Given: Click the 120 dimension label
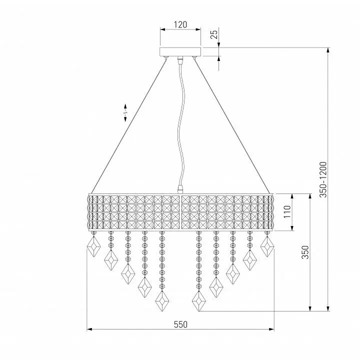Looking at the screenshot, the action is click(x=180, y=24).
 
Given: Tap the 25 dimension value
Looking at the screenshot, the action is click(x=214, y=34).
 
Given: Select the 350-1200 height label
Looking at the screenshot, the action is click(x=323, y=179).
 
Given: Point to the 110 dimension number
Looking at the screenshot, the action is click(x=287, y=211).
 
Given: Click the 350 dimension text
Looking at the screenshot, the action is click(x=305, y=252).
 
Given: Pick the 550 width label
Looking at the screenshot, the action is click(x=180, y=324).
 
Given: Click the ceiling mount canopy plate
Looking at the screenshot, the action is click(x=180, y=51).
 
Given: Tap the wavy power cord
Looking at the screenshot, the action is click(x=181, y=124).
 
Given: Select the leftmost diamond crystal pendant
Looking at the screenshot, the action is click(x=93, y=246).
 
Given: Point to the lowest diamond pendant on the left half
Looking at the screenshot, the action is click(x=162, y=301).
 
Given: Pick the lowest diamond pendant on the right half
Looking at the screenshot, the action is click(x=199, y=301).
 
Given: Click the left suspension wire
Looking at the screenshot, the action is click(x=128, y=126).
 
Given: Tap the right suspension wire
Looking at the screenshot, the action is click(x=232, y=126).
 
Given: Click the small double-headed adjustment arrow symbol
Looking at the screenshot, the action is click(x=125, y=112).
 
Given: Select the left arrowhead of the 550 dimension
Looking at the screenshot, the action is click(x=89, y=329).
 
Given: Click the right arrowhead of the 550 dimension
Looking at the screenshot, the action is click(x=271, y=329).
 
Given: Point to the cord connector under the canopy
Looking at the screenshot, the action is click(x=180, y=59).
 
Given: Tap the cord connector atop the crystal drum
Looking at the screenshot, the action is click(x=180, y=189).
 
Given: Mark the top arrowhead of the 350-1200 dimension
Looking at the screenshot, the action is click(x=328, y=50).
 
